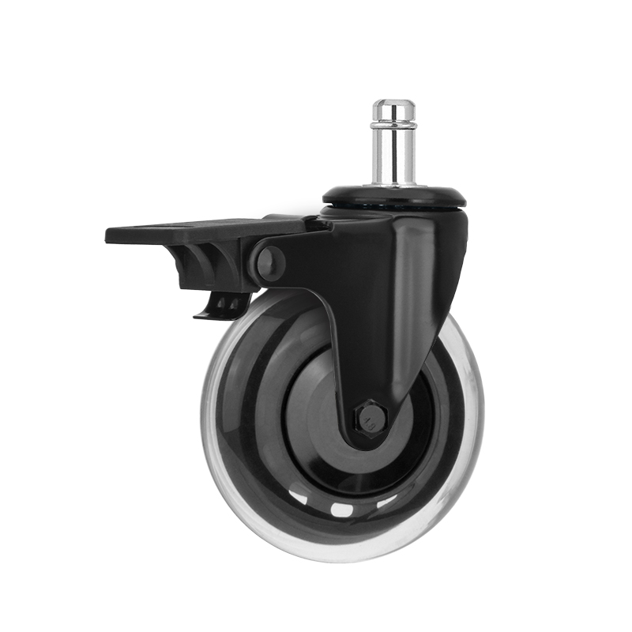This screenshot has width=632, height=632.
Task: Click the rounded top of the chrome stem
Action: [393, 105]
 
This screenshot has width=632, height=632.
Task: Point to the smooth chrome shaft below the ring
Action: [393, 154]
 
